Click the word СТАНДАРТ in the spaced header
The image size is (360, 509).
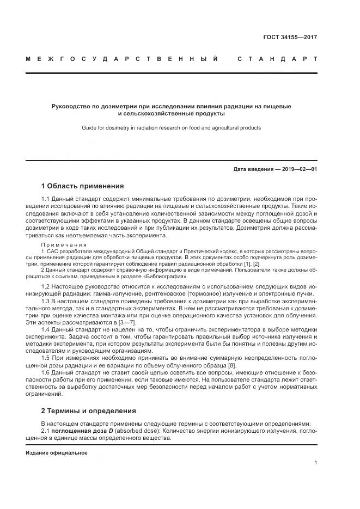277,58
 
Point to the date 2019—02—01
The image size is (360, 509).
298,169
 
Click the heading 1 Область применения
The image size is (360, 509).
83,186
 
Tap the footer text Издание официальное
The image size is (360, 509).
56,452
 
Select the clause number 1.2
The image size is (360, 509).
46,286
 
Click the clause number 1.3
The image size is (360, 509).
46,301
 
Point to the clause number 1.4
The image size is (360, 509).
46,330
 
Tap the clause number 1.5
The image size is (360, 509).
46,358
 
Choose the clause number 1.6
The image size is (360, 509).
46,373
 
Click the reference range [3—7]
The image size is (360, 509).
118,322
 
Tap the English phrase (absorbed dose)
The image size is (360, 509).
137,430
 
